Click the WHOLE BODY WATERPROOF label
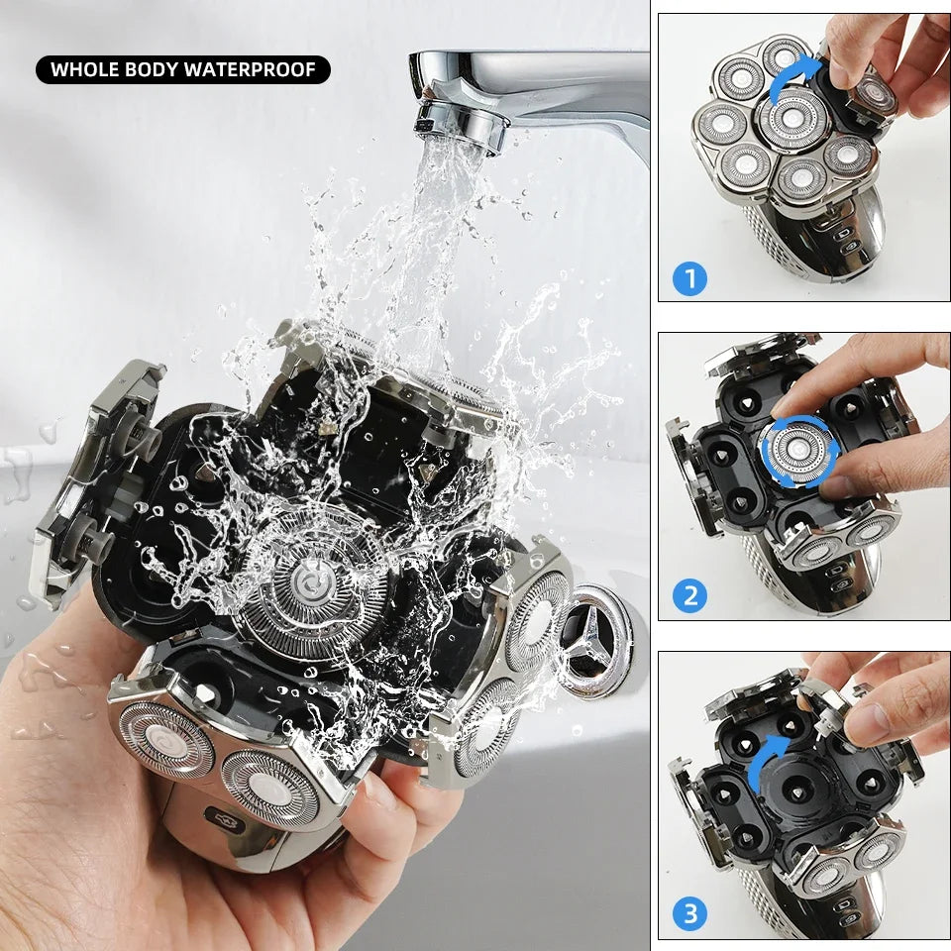(x=183, y=69)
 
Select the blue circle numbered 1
(x=689, y=278)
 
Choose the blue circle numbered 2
(x=689, y=596)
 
